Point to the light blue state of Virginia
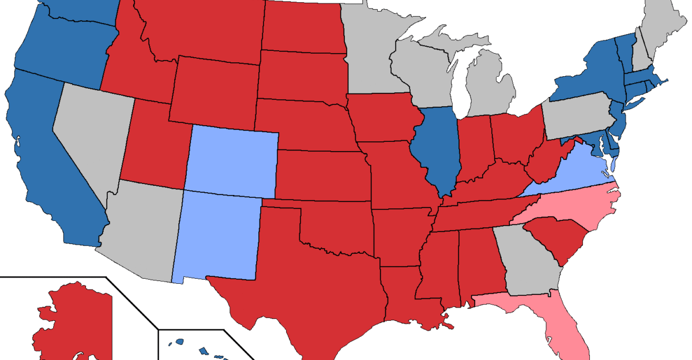pyautogui.click(x=577, y=173)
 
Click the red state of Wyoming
pyautogui.click(x=213, y=92)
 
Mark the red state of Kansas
pyautogui.click(x=323, y=176)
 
